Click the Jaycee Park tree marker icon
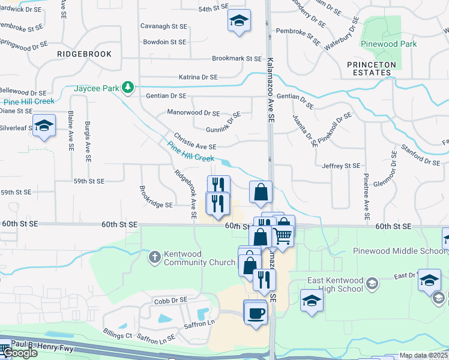[127, 88]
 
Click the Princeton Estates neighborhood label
[372, 68]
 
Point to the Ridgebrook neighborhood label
[85, 54]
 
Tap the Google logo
[19, 352]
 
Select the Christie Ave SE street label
[194, 146]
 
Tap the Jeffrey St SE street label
[340, 166]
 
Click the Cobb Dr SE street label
[170, 299]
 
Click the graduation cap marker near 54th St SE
[238, 22]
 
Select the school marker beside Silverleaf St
[44, 126]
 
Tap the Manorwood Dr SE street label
[193, 113]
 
